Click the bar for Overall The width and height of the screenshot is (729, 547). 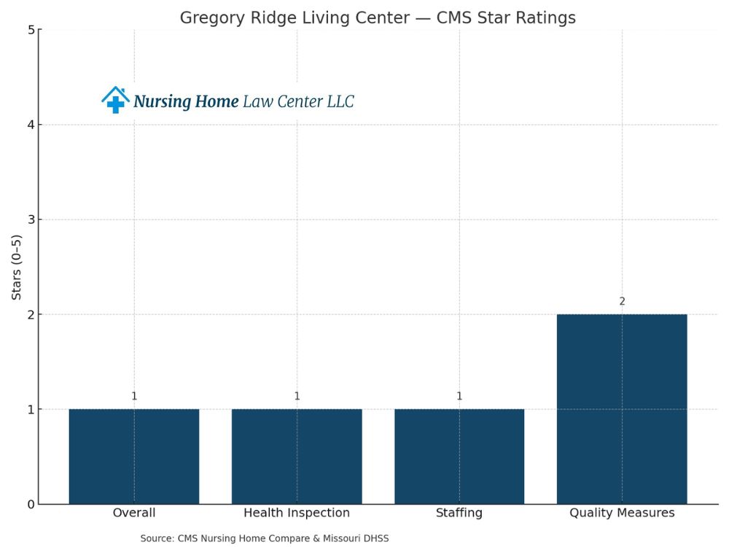click(134, 456)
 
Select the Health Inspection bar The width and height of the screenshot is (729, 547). click(297, 456)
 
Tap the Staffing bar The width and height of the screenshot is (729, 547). click(459, 456)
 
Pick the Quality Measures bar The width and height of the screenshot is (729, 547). click(622, 408)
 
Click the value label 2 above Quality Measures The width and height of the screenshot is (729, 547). click(622, 301)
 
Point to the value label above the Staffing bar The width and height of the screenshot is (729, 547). click(459, 396)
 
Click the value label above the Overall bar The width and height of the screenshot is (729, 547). click(134, 396)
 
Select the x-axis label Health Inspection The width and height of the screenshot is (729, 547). click(297, 513)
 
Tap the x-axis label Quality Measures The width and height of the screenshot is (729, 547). click(622, 513)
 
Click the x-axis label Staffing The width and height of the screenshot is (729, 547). click(459, 513)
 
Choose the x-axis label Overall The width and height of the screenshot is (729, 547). click(134, 513)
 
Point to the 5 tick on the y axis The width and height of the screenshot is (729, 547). click(31, 30)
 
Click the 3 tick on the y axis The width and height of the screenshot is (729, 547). click(31, 220)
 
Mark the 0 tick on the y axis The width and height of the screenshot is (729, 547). click(31, 504)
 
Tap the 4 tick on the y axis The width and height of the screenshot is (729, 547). click(31, 125)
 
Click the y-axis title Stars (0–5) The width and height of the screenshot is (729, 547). click(16, 266)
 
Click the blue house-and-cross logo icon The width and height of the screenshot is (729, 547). click(115, 101)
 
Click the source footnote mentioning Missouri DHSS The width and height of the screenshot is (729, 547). click(265, 538)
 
